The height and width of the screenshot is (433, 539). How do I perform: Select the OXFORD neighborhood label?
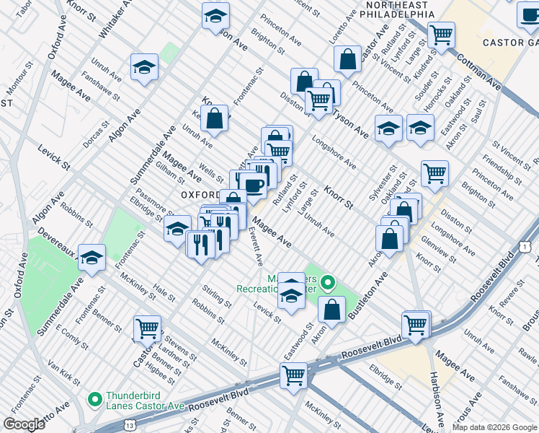point(200,195)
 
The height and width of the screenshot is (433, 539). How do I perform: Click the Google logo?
point(24,424)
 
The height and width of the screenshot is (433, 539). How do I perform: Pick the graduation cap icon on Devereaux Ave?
point(92,257)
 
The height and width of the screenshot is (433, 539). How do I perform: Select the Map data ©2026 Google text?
point(494,427)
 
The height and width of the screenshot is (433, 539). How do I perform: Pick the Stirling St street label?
point(217,298)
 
